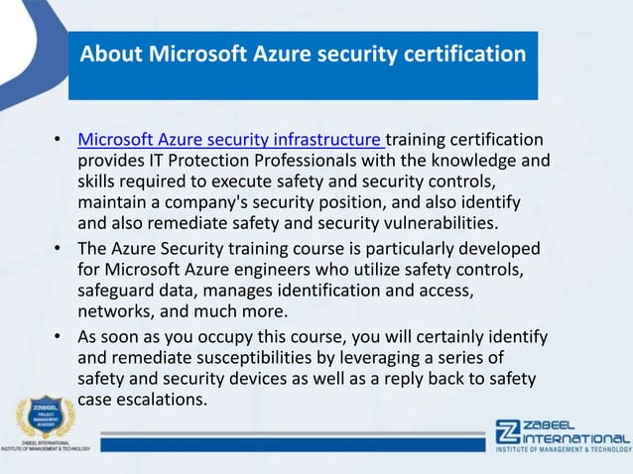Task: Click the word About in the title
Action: (x=113, y=52)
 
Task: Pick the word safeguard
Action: (x=118, y=288)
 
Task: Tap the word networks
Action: (x=114, y=308)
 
